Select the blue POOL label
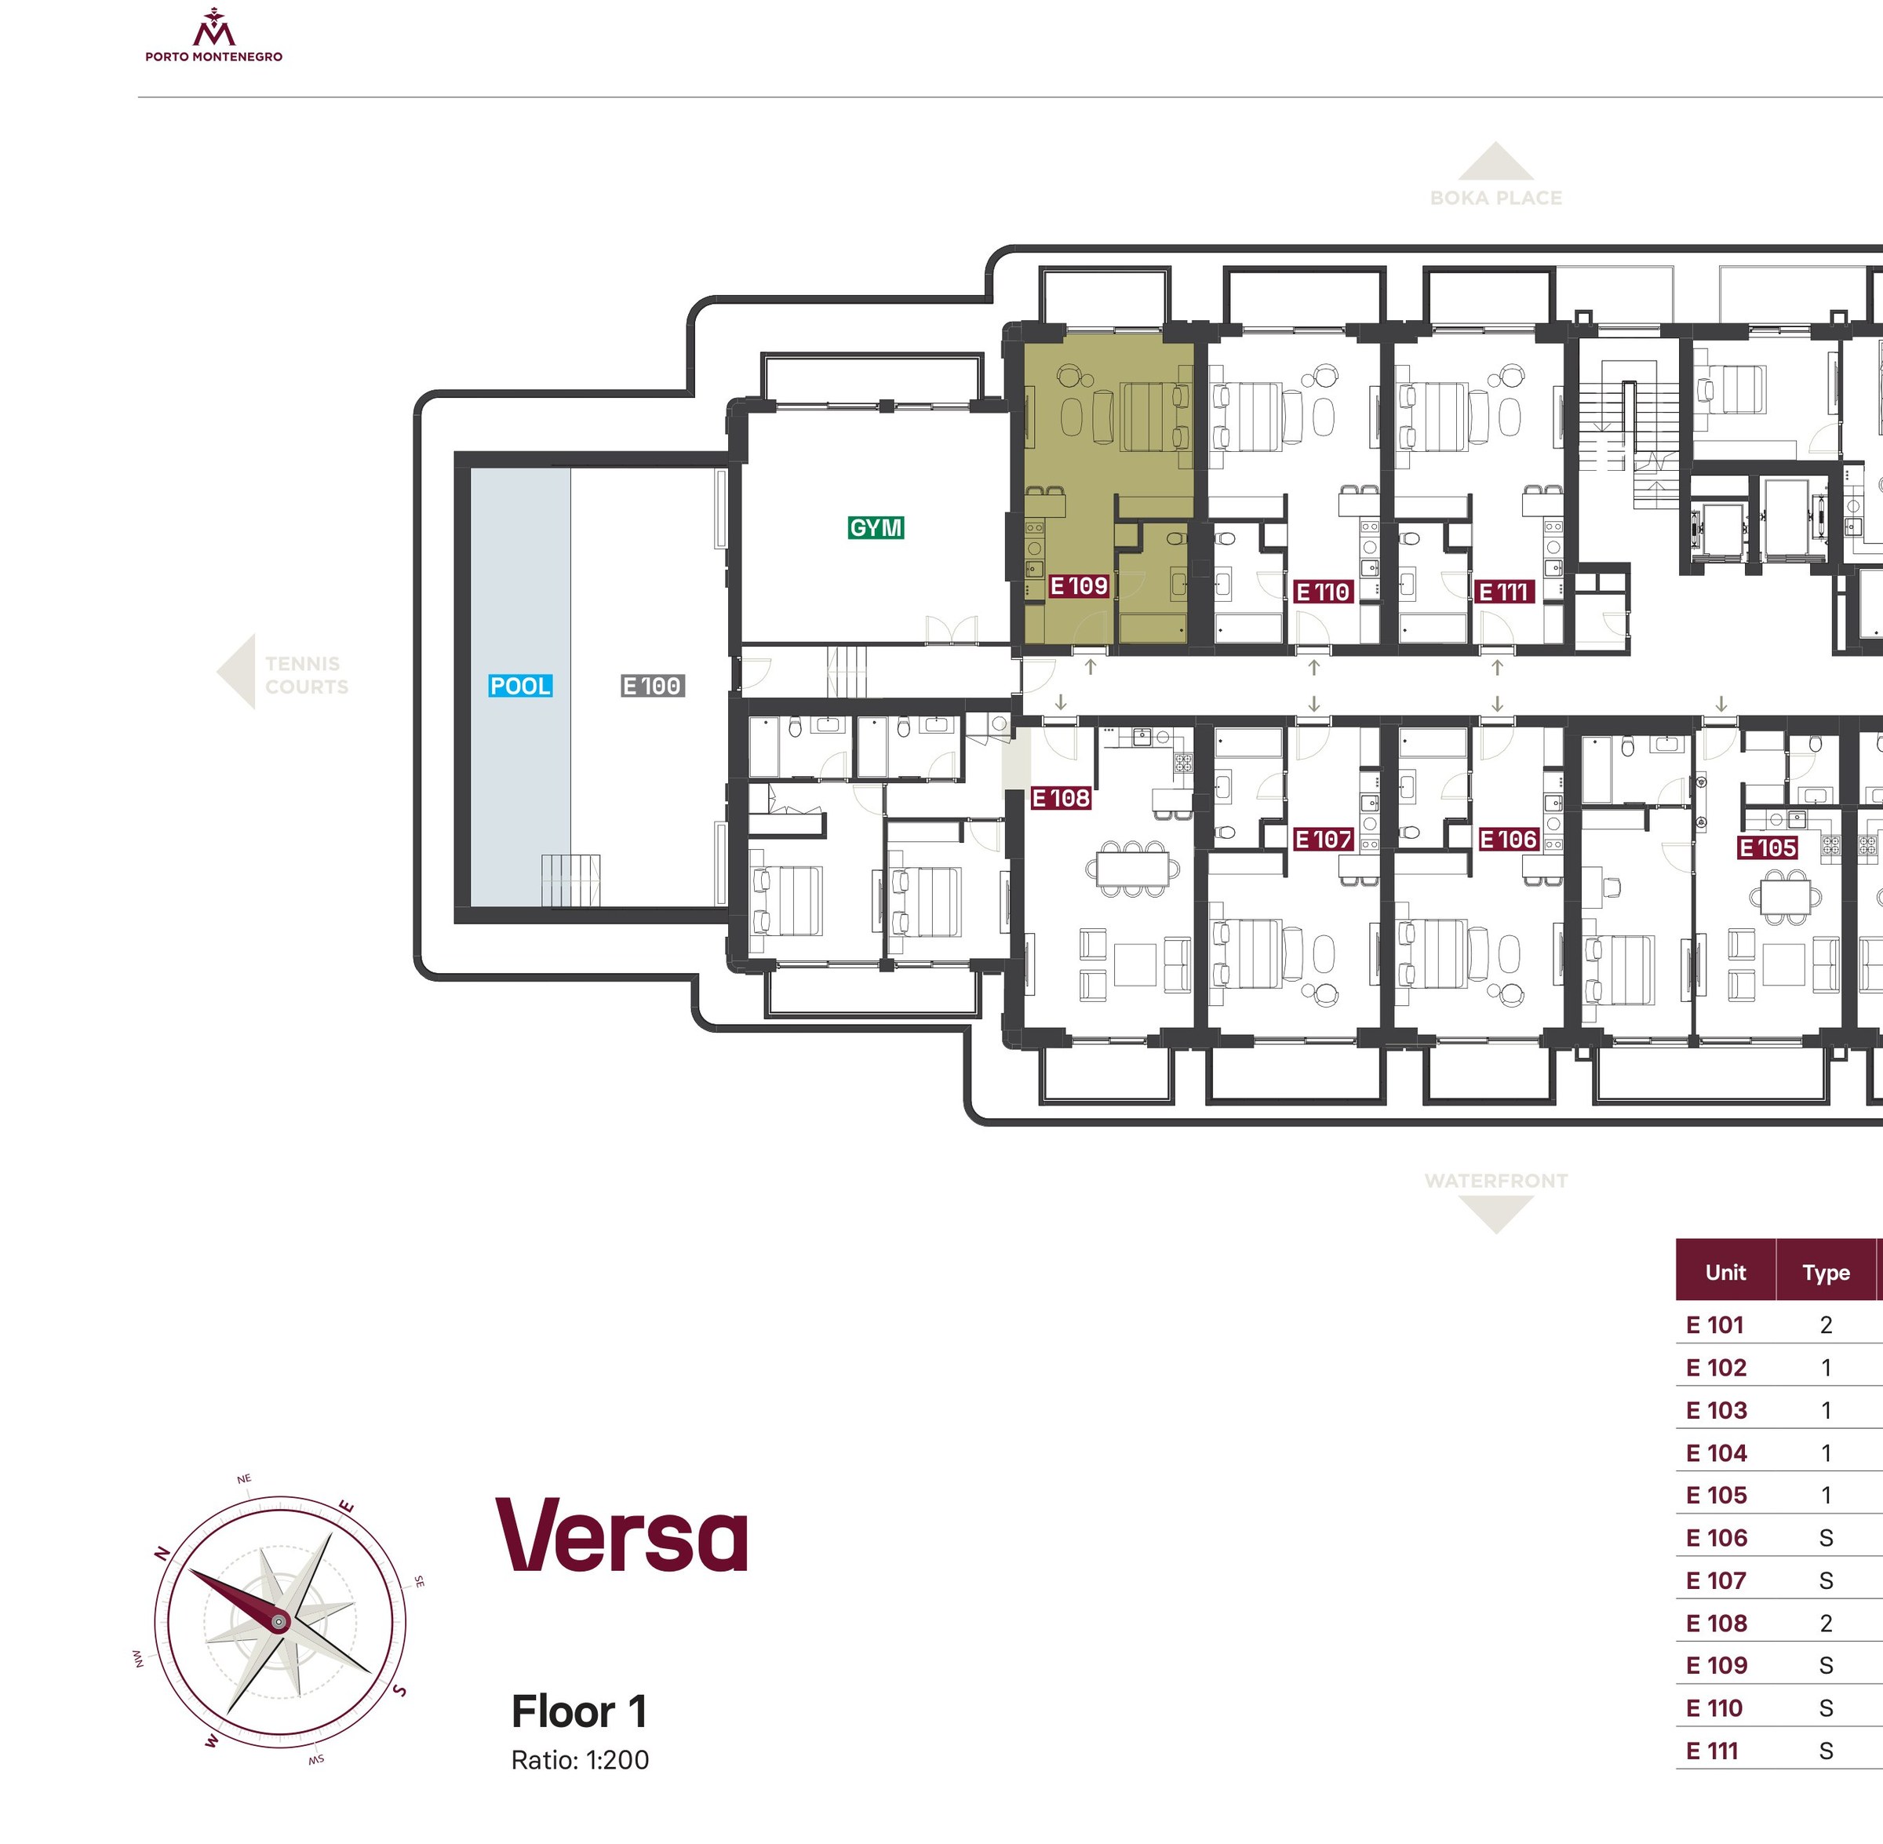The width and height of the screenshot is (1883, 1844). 520,686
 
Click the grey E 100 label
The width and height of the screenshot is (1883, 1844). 653,686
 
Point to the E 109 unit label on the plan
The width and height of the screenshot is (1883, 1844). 1079,586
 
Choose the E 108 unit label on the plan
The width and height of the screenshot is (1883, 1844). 1061,798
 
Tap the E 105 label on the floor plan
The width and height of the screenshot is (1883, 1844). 1768,847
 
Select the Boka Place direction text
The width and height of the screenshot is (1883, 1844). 1495,198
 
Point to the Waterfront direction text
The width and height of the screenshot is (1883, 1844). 1495,1181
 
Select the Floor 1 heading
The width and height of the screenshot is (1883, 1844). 579,1711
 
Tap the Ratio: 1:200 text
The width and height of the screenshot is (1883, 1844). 580,1760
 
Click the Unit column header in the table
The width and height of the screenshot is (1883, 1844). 1725,1272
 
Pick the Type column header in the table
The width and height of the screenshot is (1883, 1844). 1826,1273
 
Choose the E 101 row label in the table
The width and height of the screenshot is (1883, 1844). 1714,1324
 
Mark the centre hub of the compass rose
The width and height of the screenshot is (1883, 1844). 279,1620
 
